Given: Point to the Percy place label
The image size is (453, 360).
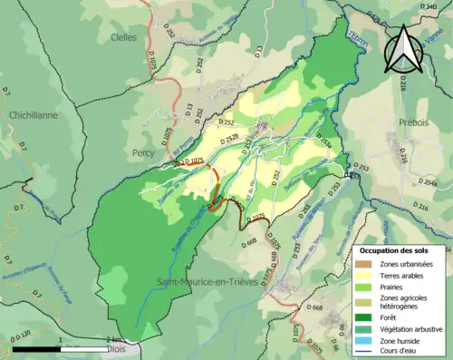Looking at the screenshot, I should [144, 153].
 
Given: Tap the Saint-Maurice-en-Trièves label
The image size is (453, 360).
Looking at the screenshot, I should [200, 258].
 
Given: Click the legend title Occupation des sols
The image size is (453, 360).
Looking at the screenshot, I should [400, 249].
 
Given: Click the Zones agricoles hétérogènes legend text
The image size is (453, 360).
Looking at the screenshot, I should [404, 305].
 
